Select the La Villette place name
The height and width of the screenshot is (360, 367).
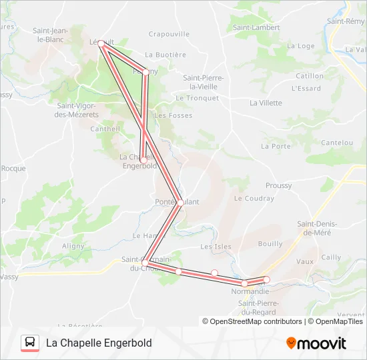pyautogui.click(x=266, y=103)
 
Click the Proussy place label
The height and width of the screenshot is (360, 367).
pyautogui.click(x=278, y=185)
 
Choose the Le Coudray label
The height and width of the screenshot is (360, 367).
pyautogui.click(x=254, y=198)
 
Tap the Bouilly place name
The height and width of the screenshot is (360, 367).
pyautogui.click(x=270, y=244)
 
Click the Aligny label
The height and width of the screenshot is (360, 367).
pyautogui.click(x=73, y=245)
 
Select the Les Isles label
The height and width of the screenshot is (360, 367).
pyautogui.click(x=216, y=247)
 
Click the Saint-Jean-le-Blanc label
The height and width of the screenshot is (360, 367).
pyautogui.click(x=51, y=35)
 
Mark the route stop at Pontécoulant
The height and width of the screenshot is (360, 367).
pyautogui.click(x=180, y=203)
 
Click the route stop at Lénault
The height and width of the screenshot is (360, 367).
pyautogui.click(x=101, y=43)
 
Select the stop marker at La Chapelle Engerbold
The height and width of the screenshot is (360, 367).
pyautogui.click(x=143, y=160)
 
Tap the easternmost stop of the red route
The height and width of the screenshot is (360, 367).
pyautogui.click(x=267, y=279)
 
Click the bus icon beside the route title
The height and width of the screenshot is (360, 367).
pyautogui.click(x=30, y=343)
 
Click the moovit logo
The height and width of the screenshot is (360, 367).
pyautogui.click(x=316, y=343)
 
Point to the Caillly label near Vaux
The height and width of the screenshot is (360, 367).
pyautogui.click(x=331, y=257)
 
